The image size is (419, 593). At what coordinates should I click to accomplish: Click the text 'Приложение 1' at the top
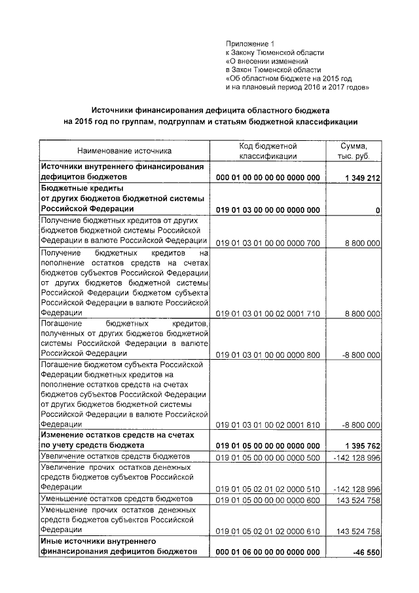pos(249,43)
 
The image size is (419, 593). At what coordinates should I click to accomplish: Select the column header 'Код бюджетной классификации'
pos(268,151)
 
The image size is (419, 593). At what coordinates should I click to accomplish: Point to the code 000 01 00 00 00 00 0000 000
pos(268,178)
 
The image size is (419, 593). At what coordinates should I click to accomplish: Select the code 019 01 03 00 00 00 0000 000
pos(268,210)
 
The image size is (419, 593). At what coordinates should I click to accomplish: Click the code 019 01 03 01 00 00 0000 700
pos(268,242)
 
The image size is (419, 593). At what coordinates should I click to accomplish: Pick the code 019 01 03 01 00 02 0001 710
pos(268,314)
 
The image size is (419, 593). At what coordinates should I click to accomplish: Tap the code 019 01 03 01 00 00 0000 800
pos(268,354)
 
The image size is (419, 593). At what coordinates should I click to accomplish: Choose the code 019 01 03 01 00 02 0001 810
pos(268,425)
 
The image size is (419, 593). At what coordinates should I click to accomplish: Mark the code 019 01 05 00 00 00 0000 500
pos(268,457)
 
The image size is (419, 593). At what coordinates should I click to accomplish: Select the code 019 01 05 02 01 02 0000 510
pos(268,489)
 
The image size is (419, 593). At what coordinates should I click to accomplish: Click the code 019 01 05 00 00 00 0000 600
pos(268,499)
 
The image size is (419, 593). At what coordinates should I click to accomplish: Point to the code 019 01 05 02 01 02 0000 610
pos(268,531)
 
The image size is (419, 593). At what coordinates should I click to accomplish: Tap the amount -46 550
pos(365,552)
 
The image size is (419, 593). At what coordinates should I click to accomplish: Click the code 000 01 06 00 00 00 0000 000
pos(268,552)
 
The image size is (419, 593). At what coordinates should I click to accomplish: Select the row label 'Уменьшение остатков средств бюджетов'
pos(115,499)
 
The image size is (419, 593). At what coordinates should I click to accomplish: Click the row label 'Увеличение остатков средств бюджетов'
pos(115,456)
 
